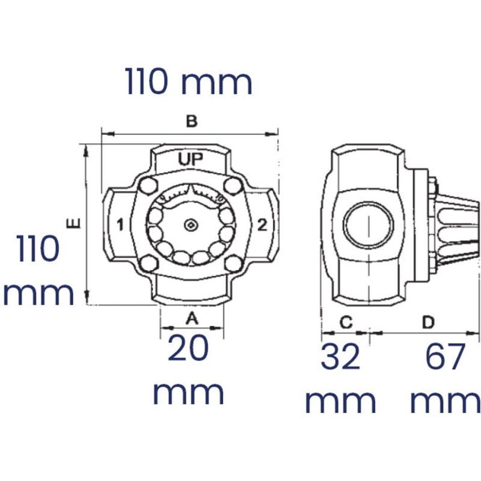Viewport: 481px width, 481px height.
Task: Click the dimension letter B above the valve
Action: click(x=191, y=121)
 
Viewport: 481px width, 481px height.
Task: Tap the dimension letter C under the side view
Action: click(x=346, y=322)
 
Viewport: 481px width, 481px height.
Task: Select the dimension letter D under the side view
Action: click(x=427, y=322)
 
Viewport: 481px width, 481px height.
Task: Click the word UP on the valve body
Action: click(x=191, y=159)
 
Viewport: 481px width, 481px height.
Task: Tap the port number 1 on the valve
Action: click(x=120, y=225)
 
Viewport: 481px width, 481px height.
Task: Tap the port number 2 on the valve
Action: click(x=262, y=225)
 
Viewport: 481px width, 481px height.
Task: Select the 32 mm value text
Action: click(x=341, y=379)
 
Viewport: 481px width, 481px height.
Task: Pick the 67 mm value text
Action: click(x=445, y=379)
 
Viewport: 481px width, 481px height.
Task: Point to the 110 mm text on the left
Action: click(x=38, y=271)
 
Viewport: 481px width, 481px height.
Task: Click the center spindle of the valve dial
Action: click(x=191, y=225)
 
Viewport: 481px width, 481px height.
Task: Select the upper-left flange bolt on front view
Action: click(x=147, y=186)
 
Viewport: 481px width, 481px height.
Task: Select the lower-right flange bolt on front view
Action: click(x=233, y=264)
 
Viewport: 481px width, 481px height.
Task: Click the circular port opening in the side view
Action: click(x=368, y=225)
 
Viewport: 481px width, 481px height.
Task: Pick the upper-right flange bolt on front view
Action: click(x=233, y=186)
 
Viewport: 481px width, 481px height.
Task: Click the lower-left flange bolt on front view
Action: click(x=147, y=264)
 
